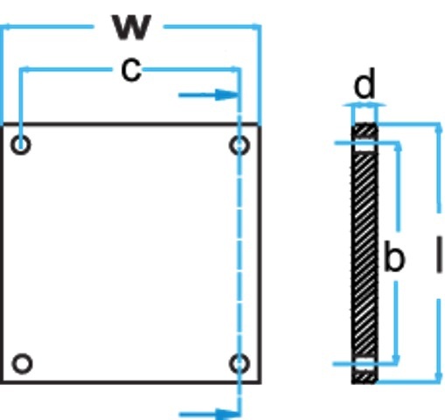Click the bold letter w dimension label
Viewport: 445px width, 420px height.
(x=132, y=27)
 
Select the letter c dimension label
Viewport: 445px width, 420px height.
(x=131, y=70)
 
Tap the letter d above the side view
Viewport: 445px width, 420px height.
(x=365, y=83)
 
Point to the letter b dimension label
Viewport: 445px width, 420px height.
(x=395, y=255)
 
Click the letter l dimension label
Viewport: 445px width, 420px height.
(x=439, y=255)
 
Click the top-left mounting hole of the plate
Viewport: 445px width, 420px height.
(x=21, y=144)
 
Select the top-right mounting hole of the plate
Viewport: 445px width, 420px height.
(x=240, y=145)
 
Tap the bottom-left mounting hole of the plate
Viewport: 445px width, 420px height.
(x=22, y=363)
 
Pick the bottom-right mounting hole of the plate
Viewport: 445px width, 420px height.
(x=240, y=364)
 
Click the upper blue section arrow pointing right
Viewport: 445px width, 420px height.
(x=209, y=95)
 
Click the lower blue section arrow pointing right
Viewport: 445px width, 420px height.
(x=209, y=414)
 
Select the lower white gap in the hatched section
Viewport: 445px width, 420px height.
(x=364, y=363)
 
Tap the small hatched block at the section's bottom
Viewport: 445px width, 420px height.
(x=365, y=376)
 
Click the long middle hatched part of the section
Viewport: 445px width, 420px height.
(x=365, y=255)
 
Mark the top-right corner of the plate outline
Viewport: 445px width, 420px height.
(x=260, y=125)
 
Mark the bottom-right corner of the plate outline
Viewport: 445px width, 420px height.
(x=260, y=382)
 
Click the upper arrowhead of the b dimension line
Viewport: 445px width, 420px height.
(x=399, y=147)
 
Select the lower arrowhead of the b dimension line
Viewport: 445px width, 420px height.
(x=396, y=359)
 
